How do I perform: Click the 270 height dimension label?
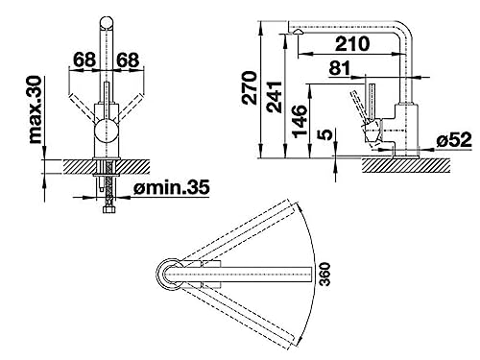point(250,88)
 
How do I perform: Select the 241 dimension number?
point(275,97)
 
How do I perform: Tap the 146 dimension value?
point(300,121)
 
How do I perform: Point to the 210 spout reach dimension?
point(352,44)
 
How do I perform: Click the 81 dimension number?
point(340,68)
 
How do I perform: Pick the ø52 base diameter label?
point(454,139)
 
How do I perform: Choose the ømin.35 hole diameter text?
point(172,187)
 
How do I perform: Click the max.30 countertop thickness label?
point(36,109)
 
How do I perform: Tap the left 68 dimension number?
point(84,60)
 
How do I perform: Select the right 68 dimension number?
point(128,60)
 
